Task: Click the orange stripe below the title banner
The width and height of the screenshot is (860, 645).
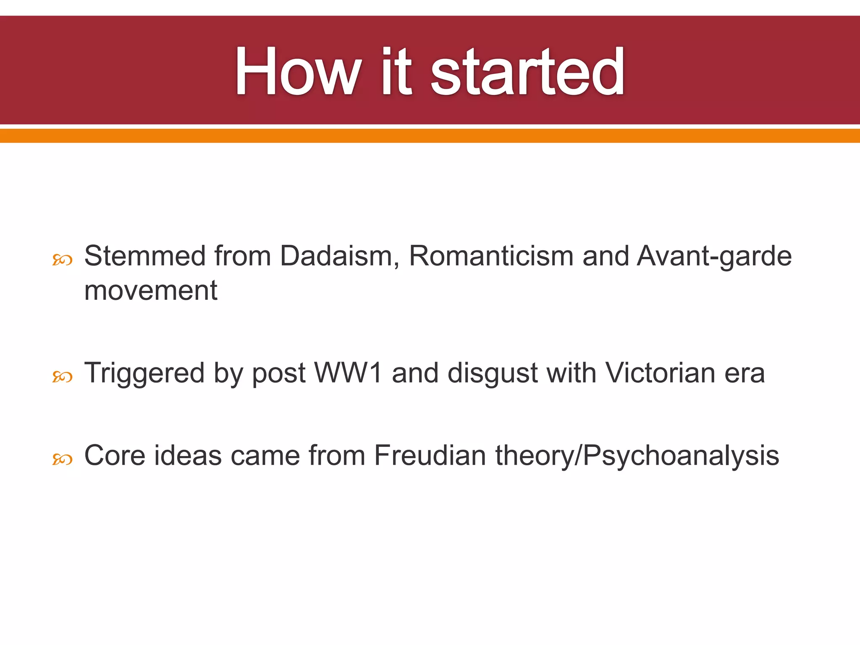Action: click(x=430, y=136)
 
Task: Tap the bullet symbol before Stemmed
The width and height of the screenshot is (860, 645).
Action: click(x=62, y=260)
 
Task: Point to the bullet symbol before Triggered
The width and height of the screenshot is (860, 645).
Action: click(x=62, y=377)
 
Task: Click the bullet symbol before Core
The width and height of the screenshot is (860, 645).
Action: click(x=62, y=459)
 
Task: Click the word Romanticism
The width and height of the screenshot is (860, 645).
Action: click(x=491, y=256)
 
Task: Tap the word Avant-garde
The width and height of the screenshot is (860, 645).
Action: click(x=714, y=256)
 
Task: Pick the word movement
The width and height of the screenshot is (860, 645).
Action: click(x=151, y=290)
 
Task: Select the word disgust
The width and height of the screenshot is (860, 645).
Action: click(x=493, y=372)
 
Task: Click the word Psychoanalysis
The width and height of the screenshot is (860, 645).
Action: click(x=681, y=455)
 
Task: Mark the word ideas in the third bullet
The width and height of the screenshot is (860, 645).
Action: click(x=188, y=455)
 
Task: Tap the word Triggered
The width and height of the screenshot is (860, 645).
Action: click(x=144, y=372)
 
